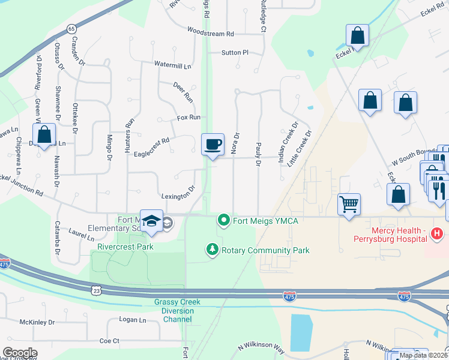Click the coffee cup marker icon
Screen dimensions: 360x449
pos(212,145)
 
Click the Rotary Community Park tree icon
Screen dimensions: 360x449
pos(211,249)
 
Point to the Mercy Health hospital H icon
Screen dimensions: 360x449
pos(437,233)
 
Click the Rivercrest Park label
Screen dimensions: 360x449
pos(125,247)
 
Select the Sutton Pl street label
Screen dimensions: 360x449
pos(235,53)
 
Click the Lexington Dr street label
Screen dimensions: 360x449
pos(178,196)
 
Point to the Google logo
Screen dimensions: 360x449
pos(20,353)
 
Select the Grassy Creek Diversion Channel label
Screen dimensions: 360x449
pos(173,311)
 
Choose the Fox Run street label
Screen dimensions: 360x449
pos(188,118)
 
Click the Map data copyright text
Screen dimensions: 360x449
pos(423,355)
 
